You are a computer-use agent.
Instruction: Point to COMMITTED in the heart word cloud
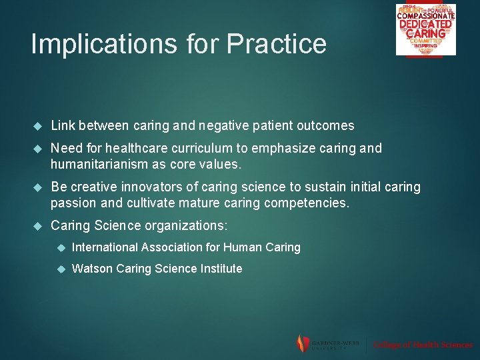[x=425, y=40]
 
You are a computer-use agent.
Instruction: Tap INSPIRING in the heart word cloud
[x=425, y=45]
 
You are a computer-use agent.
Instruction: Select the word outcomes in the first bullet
[x=327, y=125]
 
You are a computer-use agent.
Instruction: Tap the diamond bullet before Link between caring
[x=38, y=126]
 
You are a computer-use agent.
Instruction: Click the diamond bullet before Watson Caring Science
[x=60, y=269]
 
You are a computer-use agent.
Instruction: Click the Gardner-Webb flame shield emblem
[x=303, y=343]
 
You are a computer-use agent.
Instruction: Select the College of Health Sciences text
[x=423, y=345]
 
